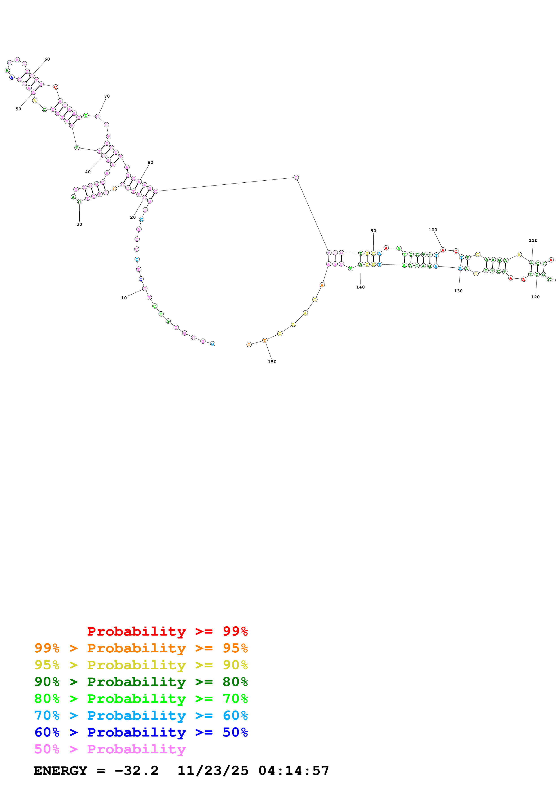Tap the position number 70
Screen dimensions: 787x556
pos(107,96)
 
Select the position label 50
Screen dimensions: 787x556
pos(18,109)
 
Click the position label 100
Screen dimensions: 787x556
pos(433,230)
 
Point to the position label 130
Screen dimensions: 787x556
pos(458,291)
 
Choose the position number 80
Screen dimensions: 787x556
pos(150,162)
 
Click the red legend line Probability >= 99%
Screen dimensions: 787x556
pos(167,631)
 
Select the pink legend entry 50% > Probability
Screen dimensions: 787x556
pos(110,749)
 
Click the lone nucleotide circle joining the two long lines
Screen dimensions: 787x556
pos(296,177)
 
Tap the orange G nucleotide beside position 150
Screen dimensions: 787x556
pos(249,345)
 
